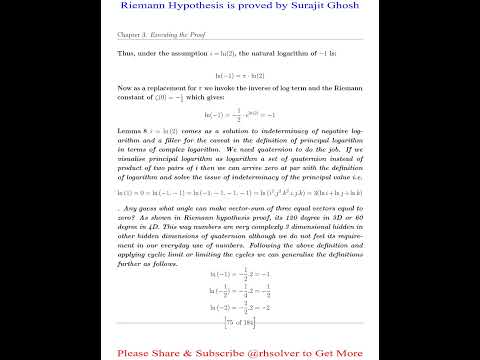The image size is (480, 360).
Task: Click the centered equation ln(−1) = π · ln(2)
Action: [x=240, y=76]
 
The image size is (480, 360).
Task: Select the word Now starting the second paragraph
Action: [x=123, y=95]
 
